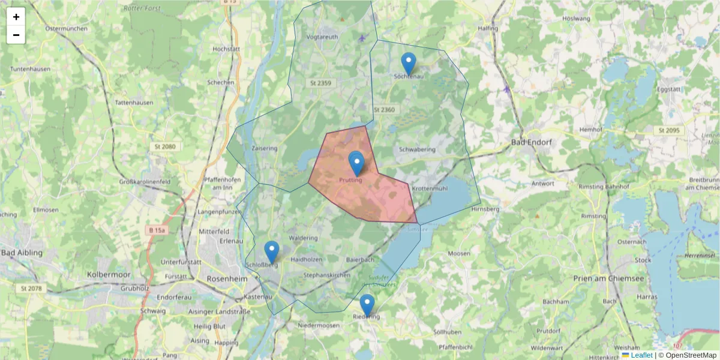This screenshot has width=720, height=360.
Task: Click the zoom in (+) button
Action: (x=16, y=17)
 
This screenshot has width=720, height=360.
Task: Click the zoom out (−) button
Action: (x=16, y=35)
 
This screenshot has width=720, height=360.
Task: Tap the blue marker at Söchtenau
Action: (x=408, y=64)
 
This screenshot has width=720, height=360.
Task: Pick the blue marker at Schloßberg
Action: (x=272, y=252)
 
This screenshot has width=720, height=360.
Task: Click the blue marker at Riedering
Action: (x=367, y=305)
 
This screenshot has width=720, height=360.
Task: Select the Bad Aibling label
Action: (x=22, y=253)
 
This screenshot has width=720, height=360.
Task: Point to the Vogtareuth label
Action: (x=322, y=37)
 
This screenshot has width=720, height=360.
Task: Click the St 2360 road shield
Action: (x=384, y=110)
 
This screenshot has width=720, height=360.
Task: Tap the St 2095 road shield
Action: (x=668, y=130)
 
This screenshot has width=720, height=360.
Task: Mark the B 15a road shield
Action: (x=157, y=230)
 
